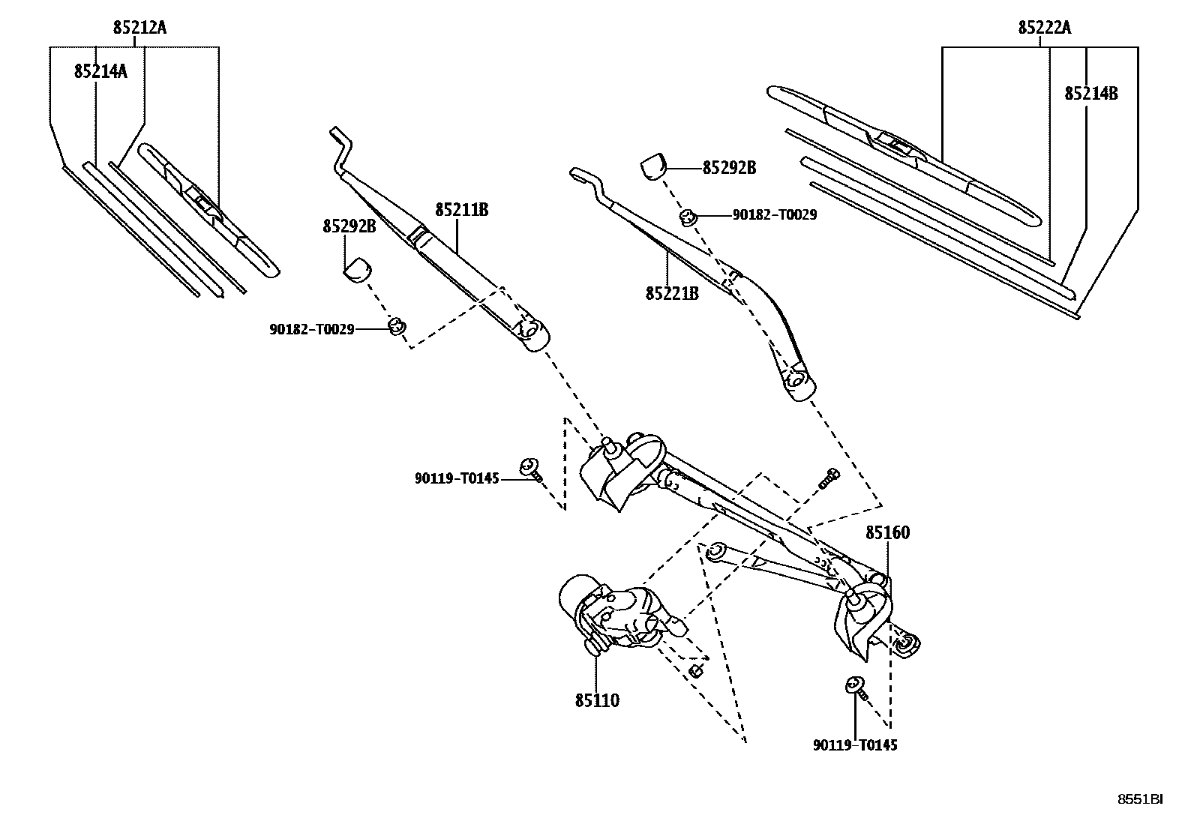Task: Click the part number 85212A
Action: click(x=139, y=28)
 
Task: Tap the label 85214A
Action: click(x=100, y=71)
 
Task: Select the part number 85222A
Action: click(x=1044, y=28)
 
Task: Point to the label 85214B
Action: click(x=1090, y=94)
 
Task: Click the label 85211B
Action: click(x=461, y=210)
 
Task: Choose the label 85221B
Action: click(x=672, y=293)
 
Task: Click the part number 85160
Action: click(x=887, y=533)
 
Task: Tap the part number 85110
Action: click(x=597, y=700)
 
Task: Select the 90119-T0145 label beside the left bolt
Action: click(x=456, y=478)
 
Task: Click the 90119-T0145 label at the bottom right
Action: click(x=855, y=745)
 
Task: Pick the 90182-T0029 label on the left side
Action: click(x=311, y=328)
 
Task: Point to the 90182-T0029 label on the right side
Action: click(x=774, y=215)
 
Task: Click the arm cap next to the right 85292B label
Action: click(x=653, y=166)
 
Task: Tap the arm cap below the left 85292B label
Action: click(x=358, y=270)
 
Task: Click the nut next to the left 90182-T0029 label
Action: click(x=397, y=325)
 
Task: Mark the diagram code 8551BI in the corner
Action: click(x=1141, y=799)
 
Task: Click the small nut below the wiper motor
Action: click(x=695, y=670)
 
